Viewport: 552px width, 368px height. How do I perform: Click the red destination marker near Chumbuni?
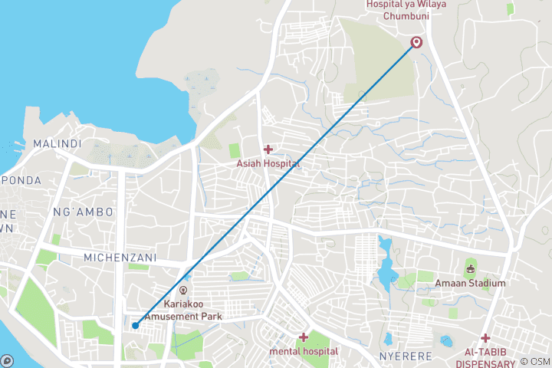[416, 42]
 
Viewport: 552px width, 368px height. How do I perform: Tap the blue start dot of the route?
[135, 325]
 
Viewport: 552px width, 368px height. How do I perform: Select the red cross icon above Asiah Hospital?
[268, 149]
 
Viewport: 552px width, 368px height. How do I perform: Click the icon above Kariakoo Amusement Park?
[182, 291]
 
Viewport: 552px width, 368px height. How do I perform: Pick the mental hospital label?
[304, 351]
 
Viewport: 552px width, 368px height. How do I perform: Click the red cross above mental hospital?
[304, 337]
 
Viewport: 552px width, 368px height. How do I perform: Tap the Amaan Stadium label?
[471, 283]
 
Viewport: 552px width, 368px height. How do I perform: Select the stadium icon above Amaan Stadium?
[471, 268]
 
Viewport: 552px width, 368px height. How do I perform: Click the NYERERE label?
[406, 357]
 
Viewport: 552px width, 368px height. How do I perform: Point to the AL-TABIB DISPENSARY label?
[485, 358]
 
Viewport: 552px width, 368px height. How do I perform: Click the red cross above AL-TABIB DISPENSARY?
[485, 338]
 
